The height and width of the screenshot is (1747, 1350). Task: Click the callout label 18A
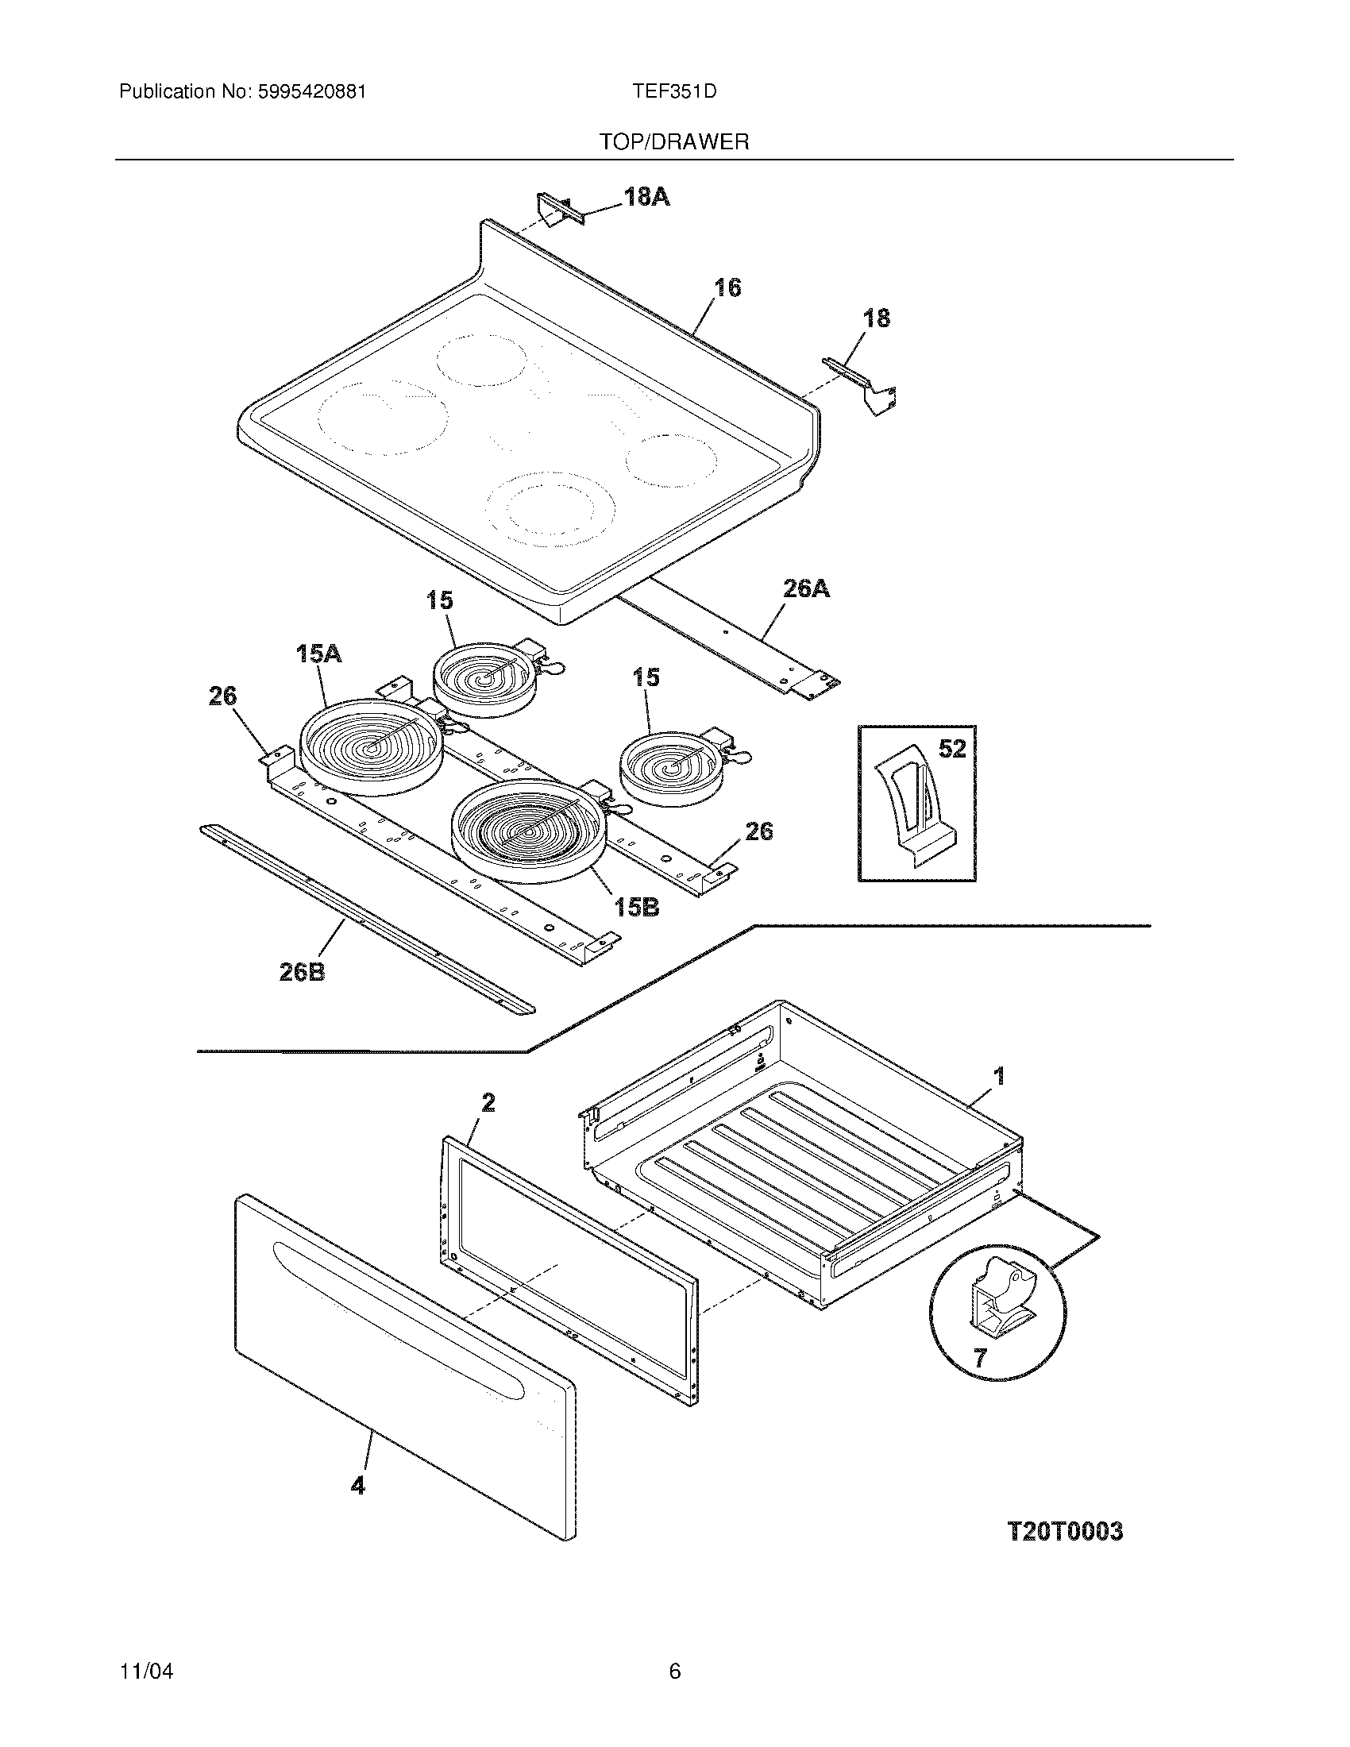tap(646, 197)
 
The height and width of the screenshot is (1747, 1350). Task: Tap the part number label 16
tap(727, 288)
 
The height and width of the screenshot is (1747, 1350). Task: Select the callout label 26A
tap(805, 589)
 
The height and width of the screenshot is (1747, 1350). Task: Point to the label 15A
tap(318, 654)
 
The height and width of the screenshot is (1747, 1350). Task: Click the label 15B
tap(637, 907)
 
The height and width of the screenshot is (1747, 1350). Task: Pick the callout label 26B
tap(302, 973)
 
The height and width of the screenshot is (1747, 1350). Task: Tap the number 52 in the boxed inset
tap(951, 750)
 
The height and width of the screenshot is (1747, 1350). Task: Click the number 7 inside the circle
tap(980, 1356)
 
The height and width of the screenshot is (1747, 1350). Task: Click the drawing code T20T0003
tap(1063, 1532)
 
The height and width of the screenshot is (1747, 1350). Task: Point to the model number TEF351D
tap(674, 92)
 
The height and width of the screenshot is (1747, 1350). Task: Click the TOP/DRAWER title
tap(674, 142)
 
